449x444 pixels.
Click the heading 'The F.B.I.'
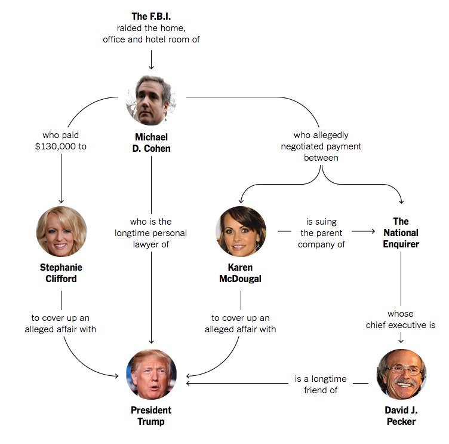(151, 16)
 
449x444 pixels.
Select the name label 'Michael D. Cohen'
(151, 143)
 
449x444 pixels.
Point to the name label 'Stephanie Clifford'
(61, 272)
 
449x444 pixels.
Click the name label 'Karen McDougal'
(241, 272)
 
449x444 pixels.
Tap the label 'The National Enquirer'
(401, 232)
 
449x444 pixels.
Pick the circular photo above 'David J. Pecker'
(401, 374)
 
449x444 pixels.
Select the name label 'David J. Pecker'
(401, 416)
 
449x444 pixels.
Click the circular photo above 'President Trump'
(152, 375)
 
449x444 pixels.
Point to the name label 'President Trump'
(151, 416)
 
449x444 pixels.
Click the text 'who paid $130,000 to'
(61, 140)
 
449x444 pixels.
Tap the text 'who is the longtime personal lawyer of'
(151, 232)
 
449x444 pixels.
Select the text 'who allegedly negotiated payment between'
(321, 146)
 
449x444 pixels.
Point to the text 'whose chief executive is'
(400, 320)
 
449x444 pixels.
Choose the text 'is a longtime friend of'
(316, 384)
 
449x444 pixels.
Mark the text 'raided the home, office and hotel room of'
(151, 33)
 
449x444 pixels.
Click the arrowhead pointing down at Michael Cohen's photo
(151, 66)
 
